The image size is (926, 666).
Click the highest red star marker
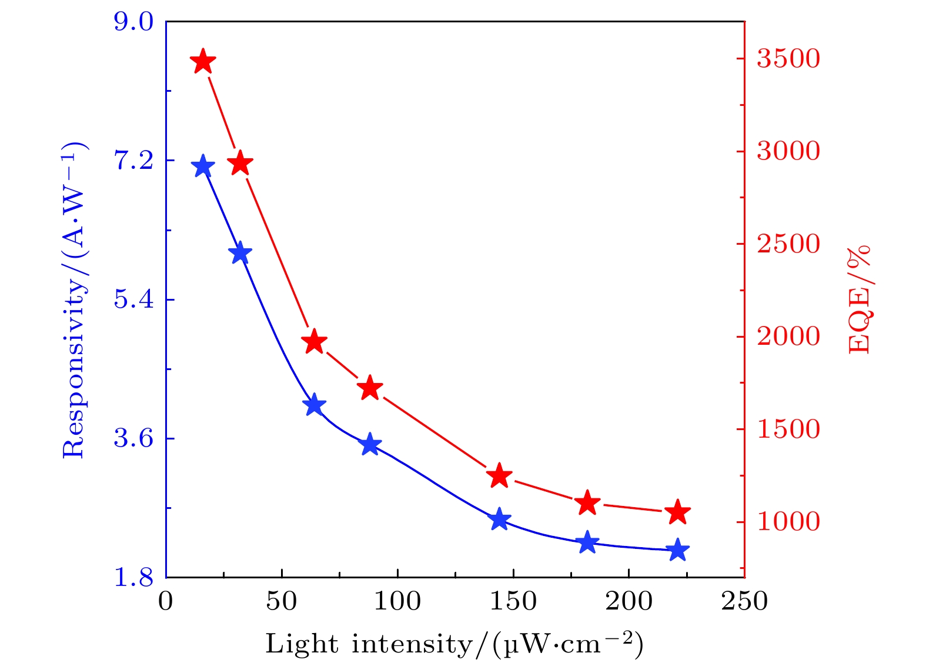[x=203, y=61]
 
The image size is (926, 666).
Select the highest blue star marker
[x=203, y=166]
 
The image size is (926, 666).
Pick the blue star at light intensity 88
[x=370, y=444]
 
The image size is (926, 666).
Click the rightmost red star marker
[x=678, y=512]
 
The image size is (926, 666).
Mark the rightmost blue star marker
[x=678, y=550]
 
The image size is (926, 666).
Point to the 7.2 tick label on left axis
[x=133, y=161]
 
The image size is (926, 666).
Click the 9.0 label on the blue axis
[x=133, y=22]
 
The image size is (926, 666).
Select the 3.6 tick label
[x=133, y=439]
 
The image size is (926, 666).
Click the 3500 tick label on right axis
[x=788, y=59]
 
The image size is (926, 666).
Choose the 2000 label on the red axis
[x=788, y=337]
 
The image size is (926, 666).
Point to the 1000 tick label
[x=788, y=522]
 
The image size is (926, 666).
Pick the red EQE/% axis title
[x=858, y=300]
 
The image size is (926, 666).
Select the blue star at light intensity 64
[x=314, y=405]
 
